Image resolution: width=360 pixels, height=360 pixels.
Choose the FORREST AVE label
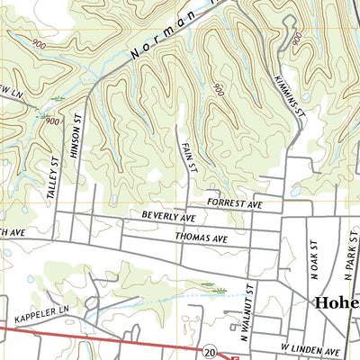(x=232, y=205)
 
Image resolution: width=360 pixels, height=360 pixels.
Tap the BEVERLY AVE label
(x=168, y=217)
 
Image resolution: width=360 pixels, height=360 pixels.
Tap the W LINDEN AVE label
(x=310, y=349)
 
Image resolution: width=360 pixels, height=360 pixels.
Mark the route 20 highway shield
(x=209, y=348)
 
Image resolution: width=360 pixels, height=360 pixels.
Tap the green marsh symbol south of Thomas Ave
(x=216, y=290)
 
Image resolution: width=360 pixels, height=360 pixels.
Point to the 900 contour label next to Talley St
(x=52, y=121)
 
